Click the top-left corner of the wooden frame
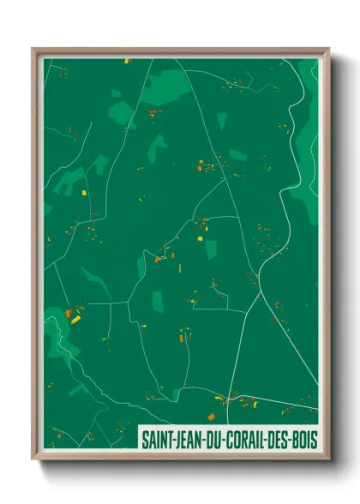point(33,49)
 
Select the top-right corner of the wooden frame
point(328,49)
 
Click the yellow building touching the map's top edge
point(126,61)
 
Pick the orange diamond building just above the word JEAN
point(211,417)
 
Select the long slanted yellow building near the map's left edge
point(75,320)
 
